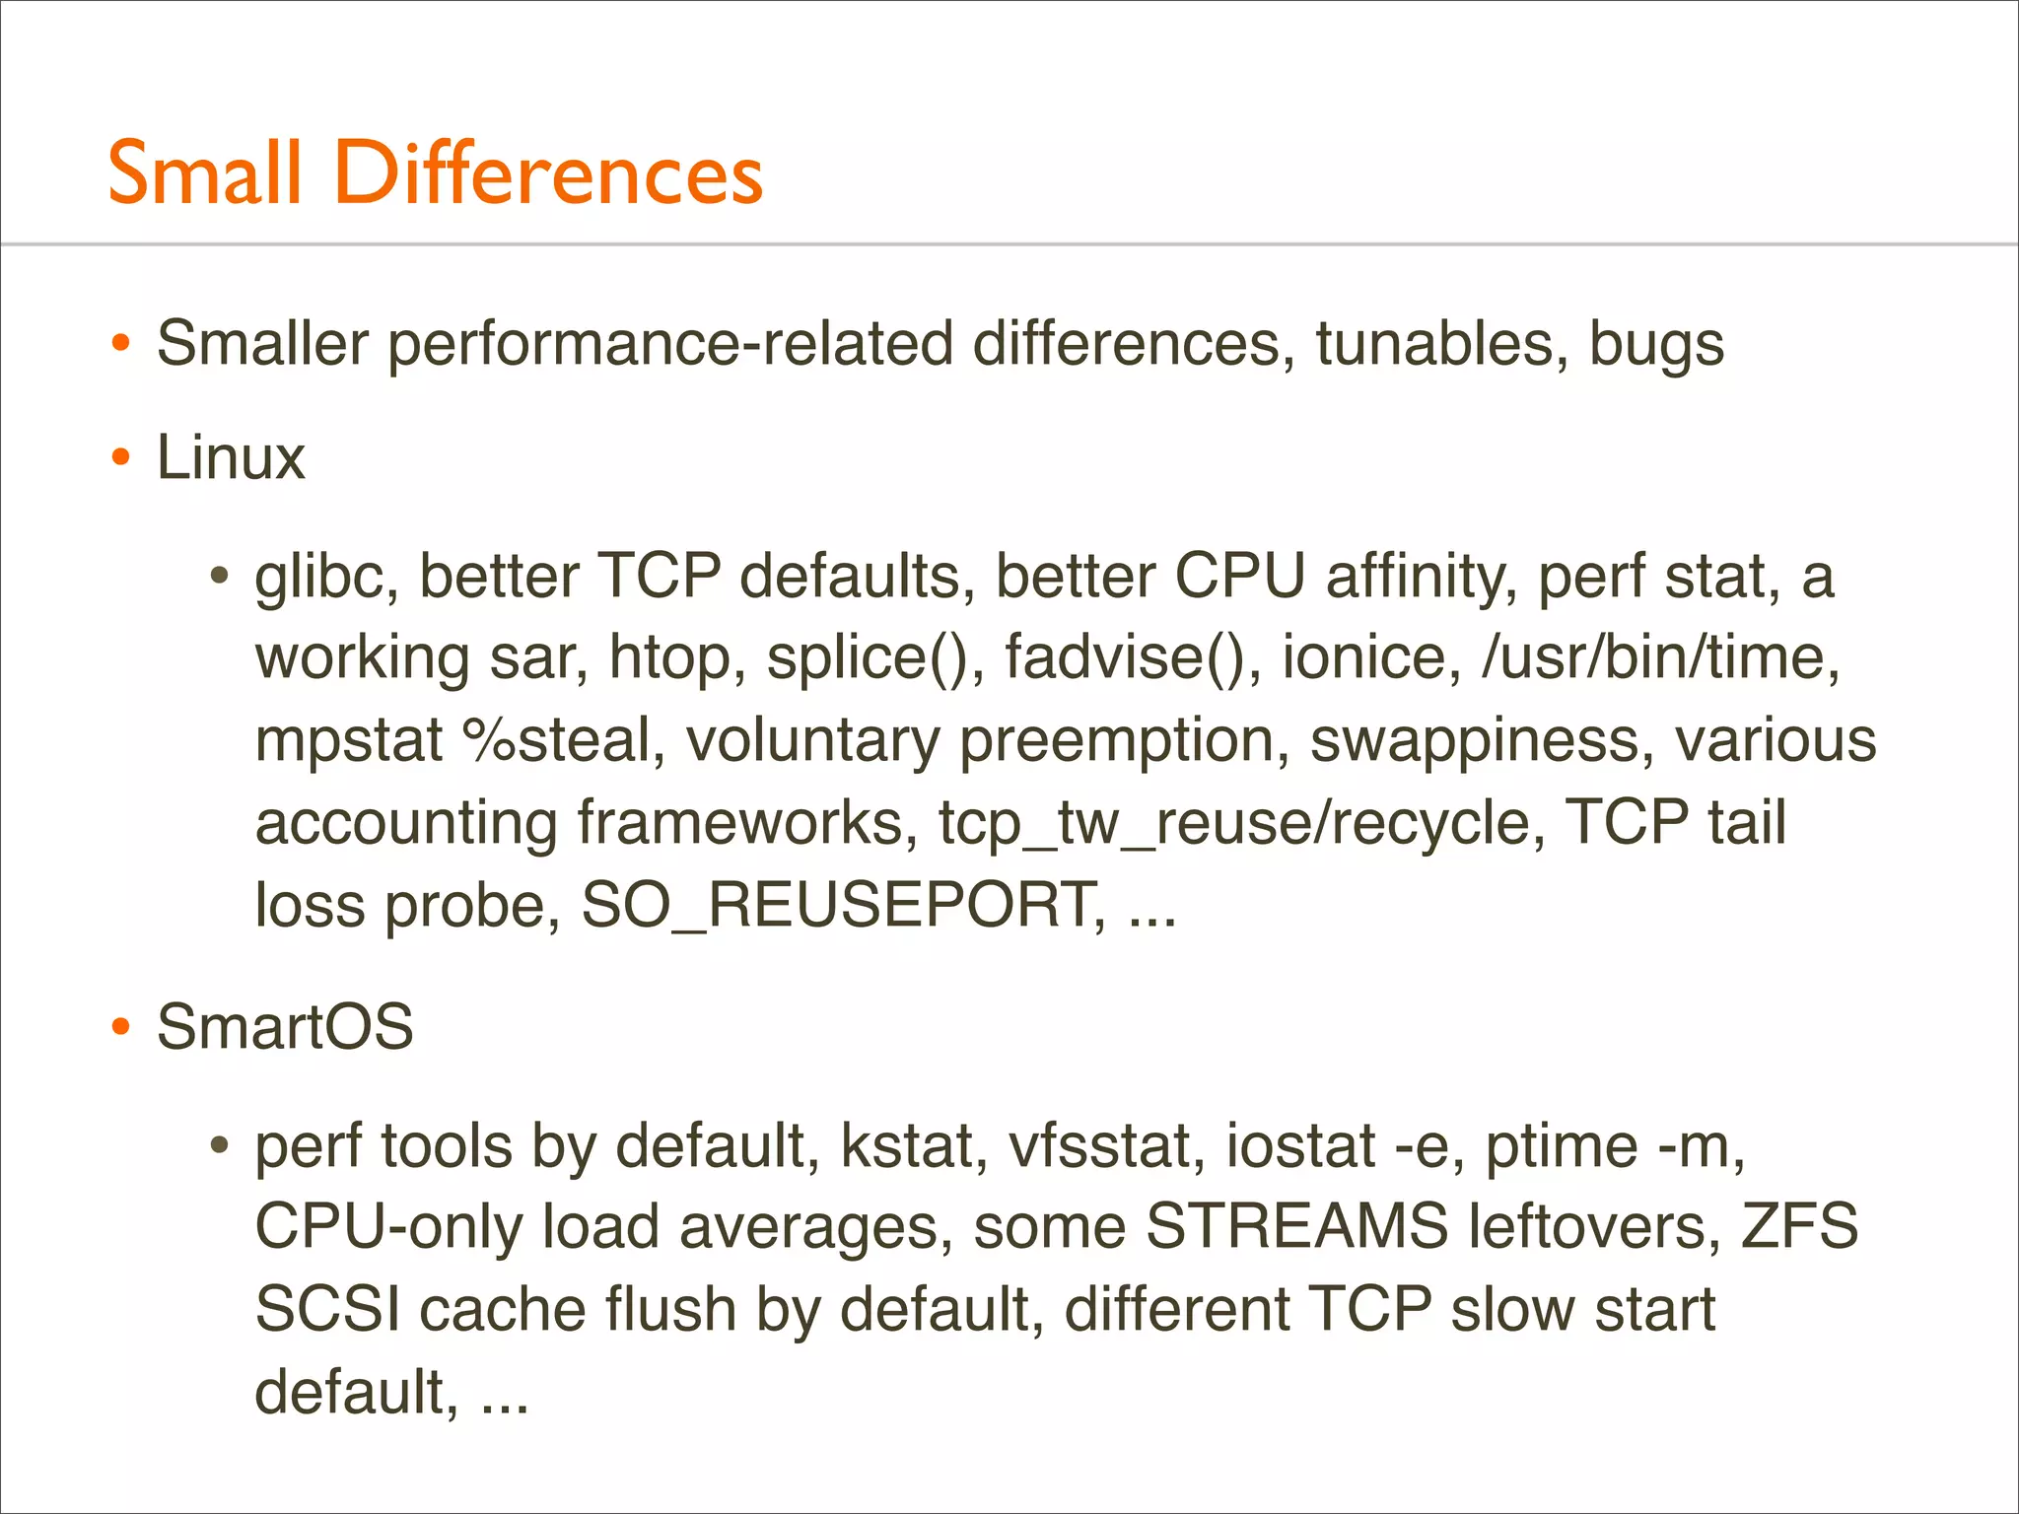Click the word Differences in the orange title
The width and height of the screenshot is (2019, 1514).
[x=549, y=173]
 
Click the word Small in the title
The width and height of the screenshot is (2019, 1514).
[x=204, y=173]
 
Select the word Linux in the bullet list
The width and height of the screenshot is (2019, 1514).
[x=231, y=458]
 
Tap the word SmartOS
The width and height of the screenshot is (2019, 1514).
[x=285, y=1027]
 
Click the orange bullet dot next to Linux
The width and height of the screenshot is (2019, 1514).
[x=121, y=458]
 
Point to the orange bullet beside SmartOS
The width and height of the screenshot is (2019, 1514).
[x=121, y=1028]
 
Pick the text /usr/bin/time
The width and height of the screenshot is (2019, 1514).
[x=1659, y=657]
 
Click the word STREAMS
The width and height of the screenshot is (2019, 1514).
[x=1296, y=1227]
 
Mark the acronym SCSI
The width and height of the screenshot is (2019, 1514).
[x=327, y=1310]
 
